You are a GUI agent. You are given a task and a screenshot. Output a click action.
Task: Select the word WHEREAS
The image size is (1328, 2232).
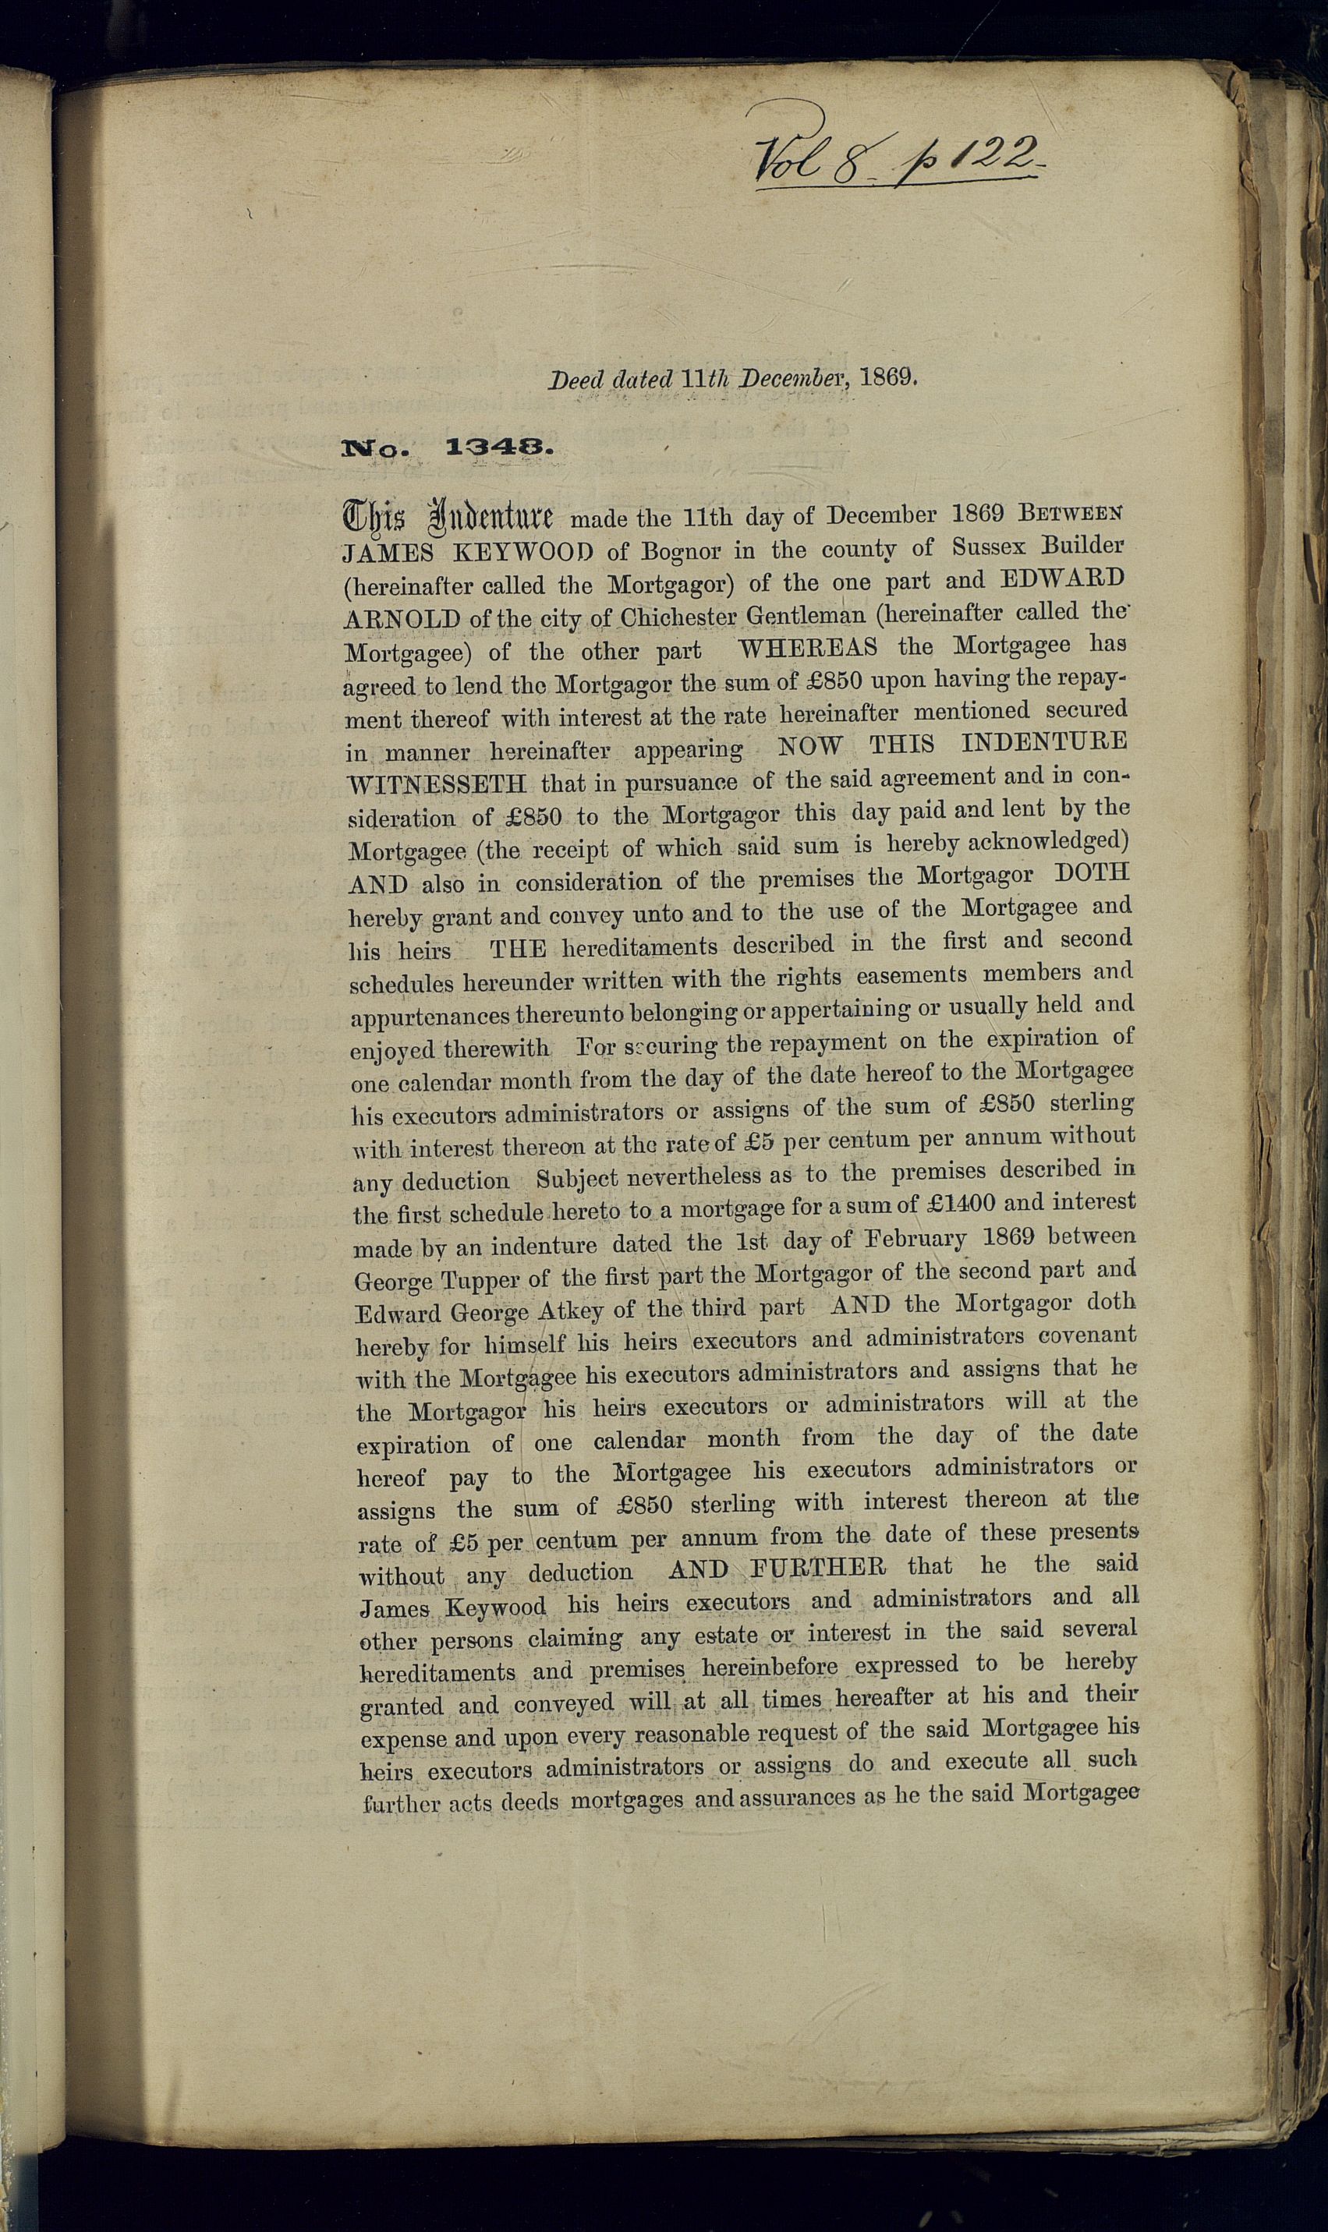pos(808,647)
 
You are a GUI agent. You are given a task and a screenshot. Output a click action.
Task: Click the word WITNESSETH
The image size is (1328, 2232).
pos(436,784)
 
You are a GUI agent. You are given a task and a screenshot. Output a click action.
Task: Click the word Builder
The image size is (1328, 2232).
pos(1083,544)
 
